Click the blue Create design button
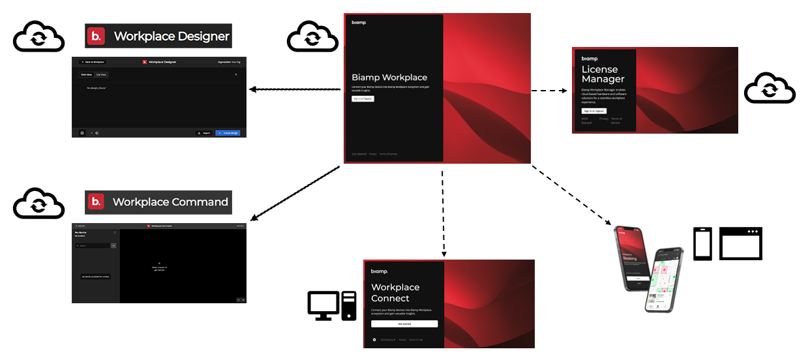pos(228,132)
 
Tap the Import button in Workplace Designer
pos(204,132)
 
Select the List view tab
pos(101,75)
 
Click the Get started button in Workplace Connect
pos(404,323)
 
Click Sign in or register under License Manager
pos(594,112)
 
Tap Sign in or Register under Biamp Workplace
pos(363,98)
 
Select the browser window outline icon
pos(740,243)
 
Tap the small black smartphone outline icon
pos(702,244)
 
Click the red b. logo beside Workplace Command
pos(96,202)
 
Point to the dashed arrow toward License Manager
pos(548,91)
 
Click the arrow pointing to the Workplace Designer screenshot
pos(293,89)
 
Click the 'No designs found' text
pos(96,87)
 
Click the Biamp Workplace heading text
pos(389,78)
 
